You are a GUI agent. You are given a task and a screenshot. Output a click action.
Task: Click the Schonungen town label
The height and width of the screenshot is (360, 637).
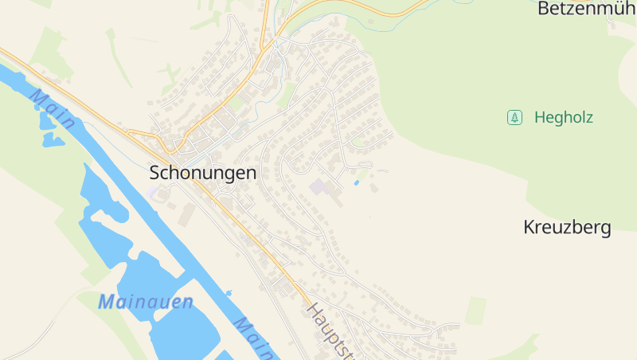point(203,173)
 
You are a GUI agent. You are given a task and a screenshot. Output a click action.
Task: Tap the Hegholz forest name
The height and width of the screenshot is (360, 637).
point(564,118)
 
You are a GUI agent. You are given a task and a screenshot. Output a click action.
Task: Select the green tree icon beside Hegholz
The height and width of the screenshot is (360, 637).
point(514,118)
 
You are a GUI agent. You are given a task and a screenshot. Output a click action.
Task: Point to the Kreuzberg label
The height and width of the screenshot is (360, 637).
point(567,228)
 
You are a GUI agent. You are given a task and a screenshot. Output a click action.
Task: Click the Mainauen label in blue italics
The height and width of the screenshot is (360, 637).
point(146,303)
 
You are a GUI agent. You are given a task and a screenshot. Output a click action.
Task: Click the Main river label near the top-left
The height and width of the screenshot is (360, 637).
point(53,109)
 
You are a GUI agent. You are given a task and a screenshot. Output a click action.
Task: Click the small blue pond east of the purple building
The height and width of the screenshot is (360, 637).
point(356,183)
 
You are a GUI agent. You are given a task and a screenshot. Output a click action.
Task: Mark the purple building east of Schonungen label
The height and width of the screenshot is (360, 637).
point(318,188)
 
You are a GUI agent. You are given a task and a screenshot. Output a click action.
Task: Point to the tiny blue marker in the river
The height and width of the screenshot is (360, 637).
point(229,294)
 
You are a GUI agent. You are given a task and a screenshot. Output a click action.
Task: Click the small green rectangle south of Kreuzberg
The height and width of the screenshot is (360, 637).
point(476,310)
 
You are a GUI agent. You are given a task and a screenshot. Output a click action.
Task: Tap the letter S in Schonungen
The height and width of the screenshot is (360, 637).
point(155,173)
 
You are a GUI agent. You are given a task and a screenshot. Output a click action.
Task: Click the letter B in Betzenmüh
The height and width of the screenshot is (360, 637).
point(544,9)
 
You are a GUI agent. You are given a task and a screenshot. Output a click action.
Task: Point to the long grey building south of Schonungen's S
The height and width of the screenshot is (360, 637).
point(187,213)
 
